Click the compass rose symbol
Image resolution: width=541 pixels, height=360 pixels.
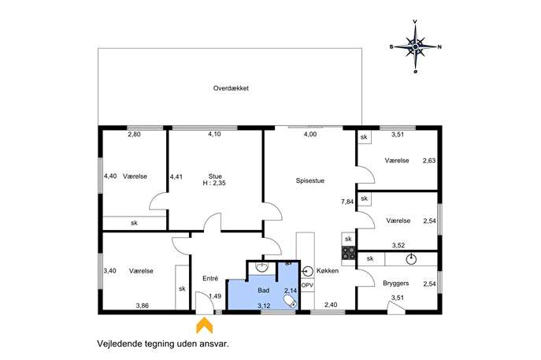coord(416,46)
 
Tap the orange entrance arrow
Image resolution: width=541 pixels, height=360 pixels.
coord(204,326)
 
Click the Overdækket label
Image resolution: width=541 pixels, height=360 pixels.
coord(231,88)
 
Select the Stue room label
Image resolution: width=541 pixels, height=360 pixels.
coord(215,176)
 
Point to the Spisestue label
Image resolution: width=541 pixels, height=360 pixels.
coord(309,180)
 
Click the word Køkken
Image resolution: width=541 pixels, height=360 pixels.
coord(328,271)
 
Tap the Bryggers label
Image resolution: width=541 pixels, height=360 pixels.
coord(396,284)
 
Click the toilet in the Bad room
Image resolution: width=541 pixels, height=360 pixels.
coord(291,302)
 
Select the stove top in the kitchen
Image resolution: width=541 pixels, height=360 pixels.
coord(349,253)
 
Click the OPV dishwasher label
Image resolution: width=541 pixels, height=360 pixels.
coord(307,285)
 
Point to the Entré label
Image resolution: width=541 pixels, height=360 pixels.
coord(210,278)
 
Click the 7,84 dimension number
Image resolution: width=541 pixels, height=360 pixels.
coord(347,202)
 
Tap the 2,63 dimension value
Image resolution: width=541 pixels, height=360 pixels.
coord(429,161)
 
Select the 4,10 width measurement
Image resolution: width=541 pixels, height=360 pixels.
coord(214,134)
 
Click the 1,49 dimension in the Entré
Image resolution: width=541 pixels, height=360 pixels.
coord(215,296)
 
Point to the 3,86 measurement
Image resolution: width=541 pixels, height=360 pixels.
coord(143,306)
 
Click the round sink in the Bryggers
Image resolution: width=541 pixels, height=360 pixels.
coord(411,258)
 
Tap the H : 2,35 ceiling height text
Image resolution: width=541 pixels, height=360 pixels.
coord(214,184)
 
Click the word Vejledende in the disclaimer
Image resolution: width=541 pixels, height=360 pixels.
coord(117,343)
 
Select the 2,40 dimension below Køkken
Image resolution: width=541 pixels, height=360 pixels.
coord(331,305)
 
